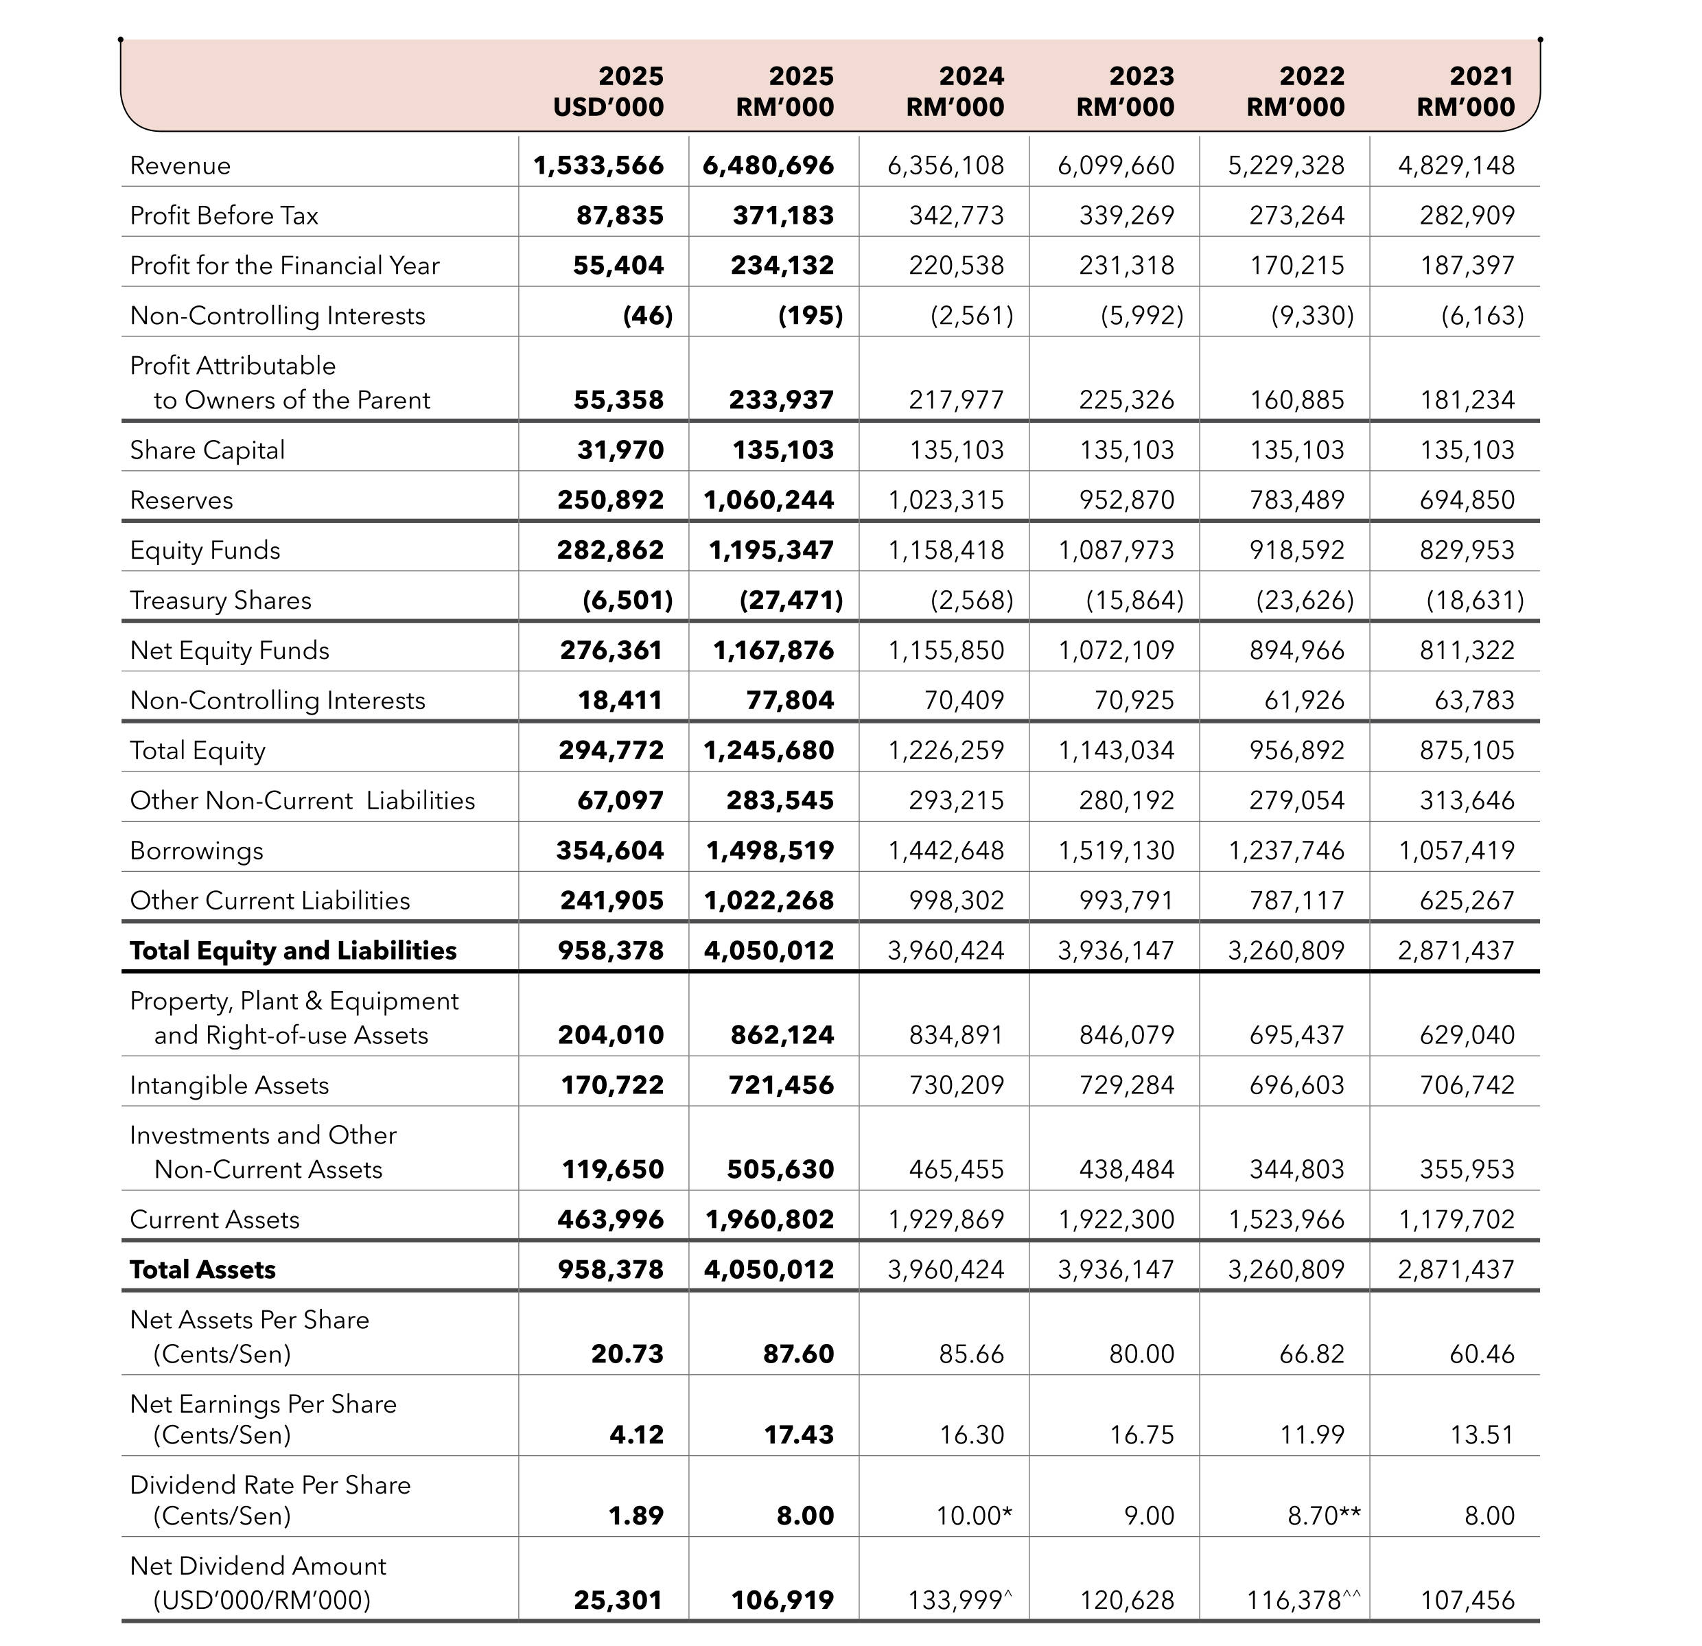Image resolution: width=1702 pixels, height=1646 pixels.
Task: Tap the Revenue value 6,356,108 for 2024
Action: coord(946,165)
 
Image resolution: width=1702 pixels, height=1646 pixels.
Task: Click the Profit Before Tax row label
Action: coord(224,216)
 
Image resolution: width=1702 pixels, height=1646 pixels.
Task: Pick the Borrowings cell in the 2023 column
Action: coord(1116,850)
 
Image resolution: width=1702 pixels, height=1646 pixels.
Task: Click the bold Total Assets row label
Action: coord(202,1270)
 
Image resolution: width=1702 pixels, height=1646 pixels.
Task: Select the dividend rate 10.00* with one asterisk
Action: coord(973,1516)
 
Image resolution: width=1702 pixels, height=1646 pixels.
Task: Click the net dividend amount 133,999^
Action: coord(959,1600)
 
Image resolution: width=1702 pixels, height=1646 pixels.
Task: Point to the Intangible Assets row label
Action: coord(229,1086)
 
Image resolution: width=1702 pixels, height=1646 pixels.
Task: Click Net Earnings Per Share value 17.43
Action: coord(798,1434)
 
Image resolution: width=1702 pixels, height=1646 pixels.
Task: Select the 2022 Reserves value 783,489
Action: coord(1296,500)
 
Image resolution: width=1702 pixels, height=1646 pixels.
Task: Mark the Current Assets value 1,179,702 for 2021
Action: coord(1456,1220)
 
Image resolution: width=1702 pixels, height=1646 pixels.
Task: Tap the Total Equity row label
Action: coord(197,750)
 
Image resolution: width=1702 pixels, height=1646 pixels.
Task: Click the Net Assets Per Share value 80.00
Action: coord(1141,1354)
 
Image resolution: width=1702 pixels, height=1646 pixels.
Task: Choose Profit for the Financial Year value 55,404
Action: coord(618,266)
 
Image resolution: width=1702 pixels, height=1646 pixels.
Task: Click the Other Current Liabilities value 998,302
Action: coord(956,901)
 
